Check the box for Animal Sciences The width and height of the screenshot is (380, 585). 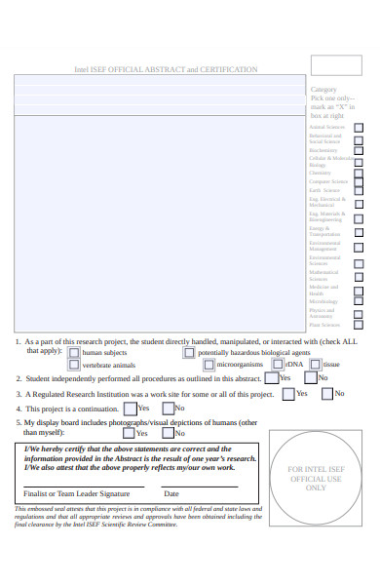359,127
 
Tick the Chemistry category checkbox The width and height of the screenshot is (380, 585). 359,173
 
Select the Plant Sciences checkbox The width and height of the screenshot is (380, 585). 359,324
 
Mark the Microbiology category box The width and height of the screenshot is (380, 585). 359,301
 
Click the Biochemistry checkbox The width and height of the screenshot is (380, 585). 359,150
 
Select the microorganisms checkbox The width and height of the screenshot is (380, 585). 209,365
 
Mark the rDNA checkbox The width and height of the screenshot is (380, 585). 278,365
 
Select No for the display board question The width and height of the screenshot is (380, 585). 168,432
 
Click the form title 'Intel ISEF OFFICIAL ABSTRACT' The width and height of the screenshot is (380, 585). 166,70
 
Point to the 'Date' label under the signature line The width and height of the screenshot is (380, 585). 171,494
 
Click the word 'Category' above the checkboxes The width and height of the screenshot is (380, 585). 323,89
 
